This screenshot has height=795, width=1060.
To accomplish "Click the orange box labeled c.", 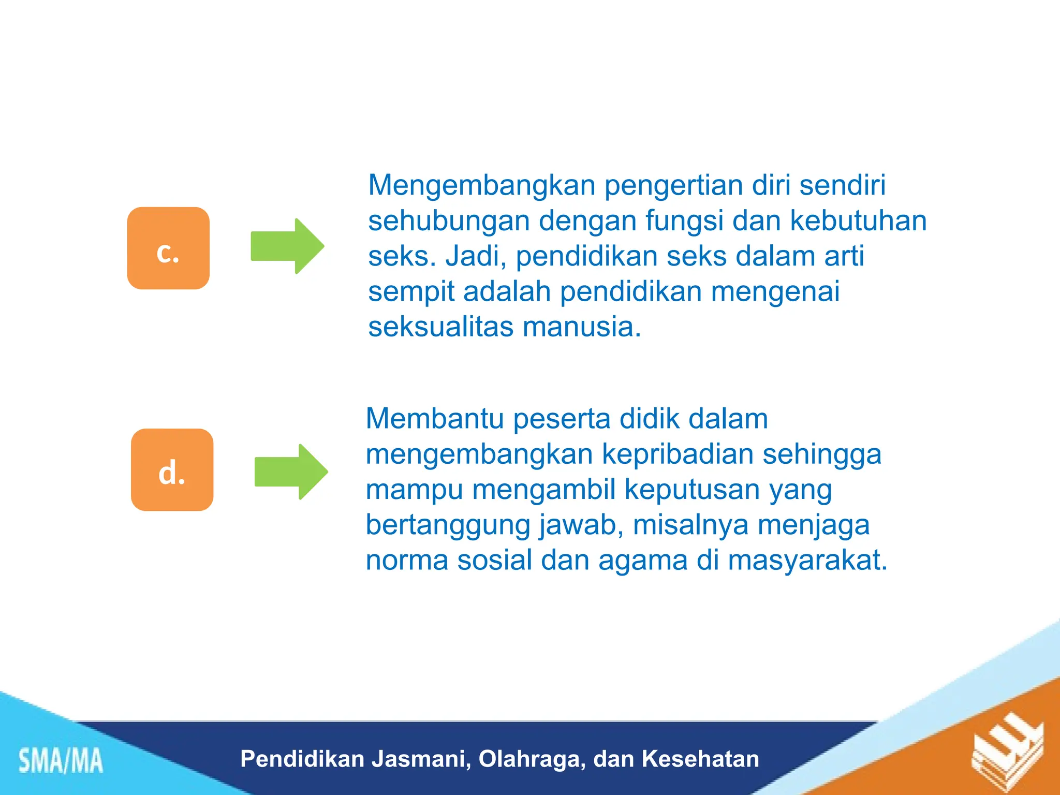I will (168, 248).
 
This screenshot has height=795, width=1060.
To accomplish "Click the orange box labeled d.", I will (172, 469).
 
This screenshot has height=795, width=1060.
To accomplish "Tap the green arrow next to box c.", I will (287, 246).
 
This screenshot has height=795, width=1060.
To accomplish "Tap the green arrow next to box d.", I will (291, 472).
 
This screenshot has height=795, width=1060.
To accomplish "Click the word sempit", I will (411, 291).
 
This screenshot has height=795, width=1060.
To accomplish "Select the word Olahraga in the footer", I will (532, 759).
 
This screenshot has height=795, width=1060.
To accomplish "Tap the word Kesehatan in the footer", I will (700, 759).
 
